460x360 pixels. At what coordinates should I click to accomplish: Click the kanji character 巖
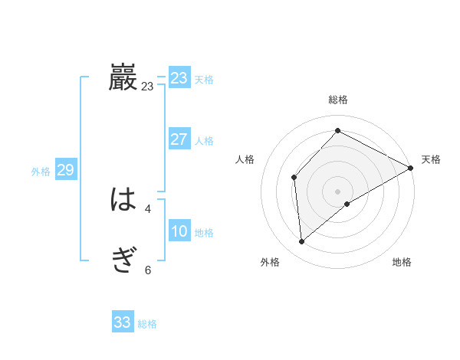[123, 78]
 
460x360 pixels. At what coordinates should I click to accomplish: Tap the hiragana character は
[123, 201]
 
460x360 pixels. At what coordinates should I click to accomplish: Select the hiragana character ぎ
[123, 262]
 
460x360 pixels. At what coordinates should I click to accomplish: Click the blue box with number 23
[179, 78]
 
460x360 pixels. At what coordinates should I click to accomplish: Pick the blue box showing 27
[179, 139]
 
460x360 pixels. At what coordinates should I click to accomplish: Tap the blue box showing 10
[179, 231]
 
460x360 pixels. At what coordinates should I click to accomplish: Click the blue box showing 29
[65, 170]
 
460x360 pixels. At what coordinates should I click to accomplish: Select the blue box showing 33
[123, 322]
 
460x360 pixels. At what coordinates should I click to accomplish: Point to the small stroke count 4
[148, 208]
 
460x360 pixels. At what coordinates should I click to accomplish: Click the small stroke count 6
[148, 270]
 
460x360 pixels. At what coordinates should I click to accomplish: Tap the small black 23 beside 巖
[147, 87]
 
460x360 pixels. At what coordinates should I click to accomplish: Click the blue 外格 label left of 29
[41, 172]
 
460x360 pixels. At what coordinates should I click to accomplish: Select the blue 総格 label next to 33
[147, 324]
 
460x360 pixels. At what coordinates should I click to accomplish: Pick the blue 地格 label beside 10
[204, 233]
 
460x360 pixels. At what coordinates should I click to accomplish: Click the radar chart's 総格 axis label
[337, 100]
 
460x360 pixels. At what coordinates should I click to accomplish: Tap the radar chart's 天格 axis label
[431, 159]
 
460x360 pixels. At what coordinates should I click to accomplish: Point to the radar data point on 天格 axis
[411, 168]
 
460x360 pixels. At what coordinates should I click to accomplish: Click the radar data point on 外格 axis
[301, 242]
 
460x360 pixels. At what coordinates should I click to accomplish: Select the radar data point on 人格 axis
[294, 178]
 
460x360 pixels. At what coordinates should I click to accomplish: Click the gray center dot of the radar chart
[337, 191]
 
